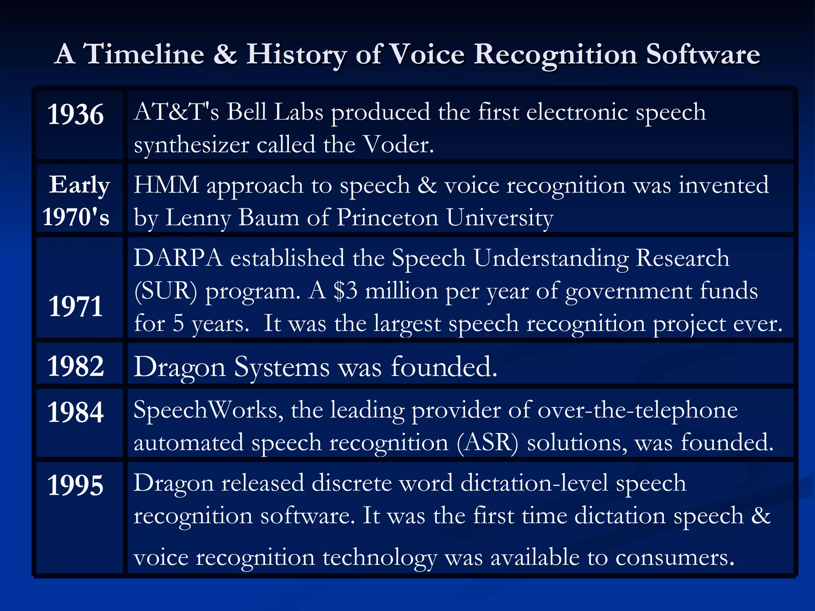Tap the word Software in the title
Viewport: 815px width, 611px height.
coord(703,54)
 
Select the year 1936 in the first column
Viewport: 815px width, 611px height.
coord(76,115)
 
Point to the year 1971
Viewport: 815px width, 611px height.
coord(76,306)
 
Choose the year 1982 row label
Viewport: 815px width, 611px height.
coord(76,366)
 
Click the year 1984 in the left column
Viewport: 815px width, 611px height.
coord(76,412)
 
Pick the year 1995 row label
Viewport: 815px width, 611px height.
coord(76,485)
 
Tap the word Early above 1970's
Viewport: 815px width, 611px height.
coord(79,185)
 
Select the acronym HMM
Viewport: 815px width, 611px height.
coord(166,185)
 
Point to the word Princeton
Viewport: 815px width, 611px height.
coord(387,218)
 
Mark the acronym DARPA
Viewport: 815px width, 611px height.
coord(177,258)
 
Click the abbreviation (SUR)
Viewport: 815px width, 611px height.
coord(166,291)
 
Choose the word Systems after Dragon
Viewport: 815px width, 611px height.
coord(281,367)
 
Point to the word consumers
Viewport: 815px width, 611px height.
coord(675,558)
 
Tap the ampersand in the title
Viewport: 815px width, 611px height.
coord(225,54)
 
